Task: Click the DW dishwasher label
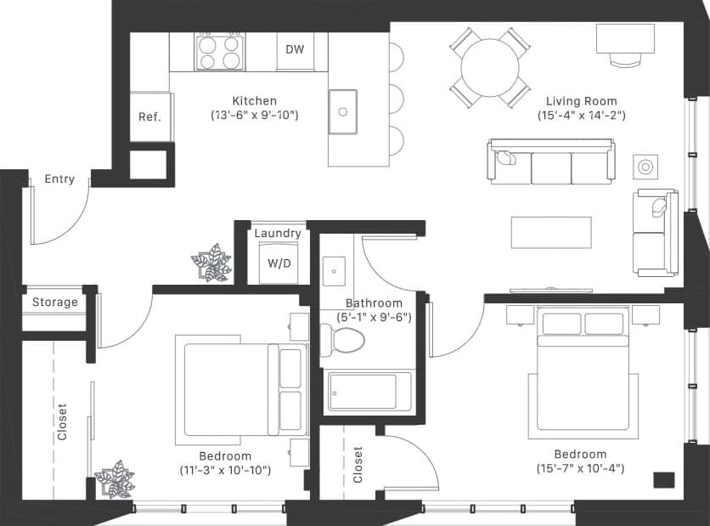pyautogui.click(x=295, y=50)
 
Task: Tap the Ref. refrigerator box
pyautogui.click(x=150, y=117)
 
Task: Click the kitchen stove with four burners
pyautogui.click(x=219, y=52)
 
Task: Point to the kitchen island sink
pyautogui.click(x=343, y=111)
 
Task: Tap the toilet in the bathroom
pyautogui.click(x=343, y=339)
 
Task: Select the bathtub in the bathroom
pyautogui.click(x=369, y=392)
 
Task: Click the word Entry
pyautogui.click(x=59, y=179)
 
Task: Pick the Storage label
pyautogui.click(x=55, y=302)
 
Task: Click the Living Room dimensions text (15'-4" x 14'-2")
pyautogui.click(x=582, y=115)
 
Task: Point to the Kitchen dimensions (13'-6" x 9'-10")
pyautogui.click(x=254, y=115)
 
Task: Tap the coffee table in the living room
pyautogui.click(x=551, y=232)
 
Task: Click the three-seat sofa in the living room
pyautogui.click(x=550, y=162)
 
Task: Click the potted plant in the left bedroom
pyautogui.click(x=115, y=480)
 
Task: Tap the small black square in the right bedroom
pyautogui.click(x=664, y=479)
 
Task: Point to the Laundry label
pyautogui.click(x=278, y=234)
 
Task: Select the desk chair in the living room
pyautogui.click(x=625, y=59)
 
